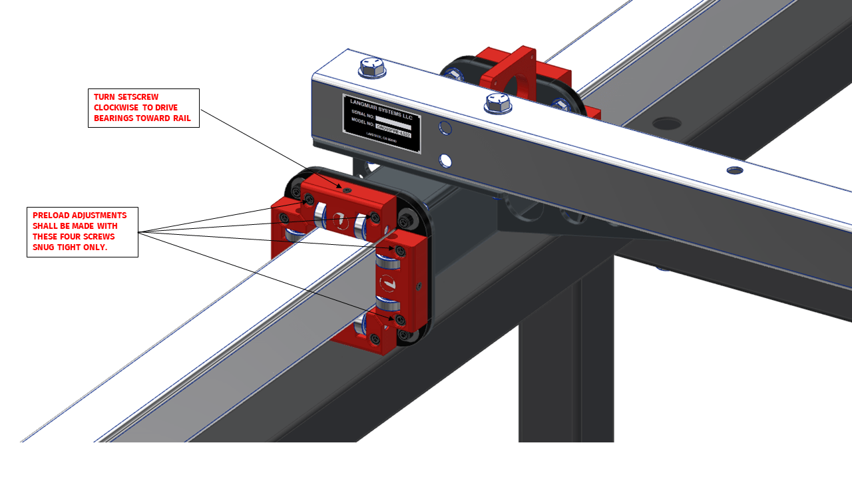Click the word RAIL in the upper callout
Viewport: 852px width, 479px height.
tap(182, 118)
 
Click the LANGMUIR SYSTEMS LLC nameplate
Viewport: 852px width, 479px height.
tap(382, 123)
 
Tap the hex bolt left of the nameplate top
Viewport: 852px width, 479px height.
tap(372, 67)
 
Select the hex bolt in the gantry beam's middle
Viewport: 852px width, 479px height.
tap(497, 102)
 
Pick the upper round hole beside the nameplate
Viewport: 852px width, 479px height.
tap(445, 128)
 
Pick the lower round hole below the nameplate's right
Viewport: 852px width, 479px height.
tap(445, 160)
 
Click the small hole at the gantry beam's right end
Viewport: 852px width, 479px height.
tap(735, 170)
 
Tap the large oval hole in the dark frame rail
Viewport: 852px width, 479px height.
tap(666, 124)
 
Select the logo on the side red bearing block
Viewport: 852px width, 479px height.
tap(387, 284)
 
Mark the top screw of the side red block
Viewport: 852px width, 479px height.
tap(400, 251)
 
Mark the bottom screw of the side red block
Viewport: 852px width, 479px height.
tap(400, 320)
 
